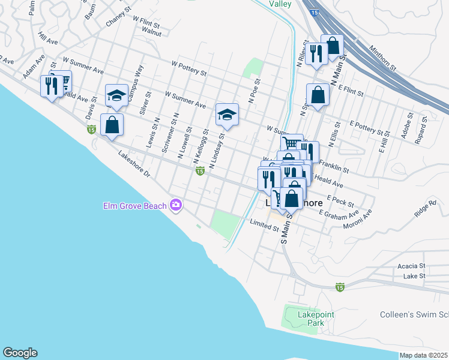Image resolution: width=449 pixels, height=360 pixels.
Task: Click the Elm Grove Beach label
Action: tap(133, 206)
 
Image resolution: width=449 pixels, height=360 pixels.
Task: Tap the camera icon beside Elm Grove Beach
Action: tap(175, 205)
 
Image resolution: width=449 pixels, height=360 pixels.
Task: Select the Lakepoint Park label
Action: tap(316, 319)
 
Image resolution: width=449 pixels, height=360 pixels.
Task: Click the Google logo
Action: tap(20, 353)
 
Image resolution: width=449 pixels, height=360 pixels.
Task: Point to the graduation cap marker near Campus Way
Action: tap(116, 96)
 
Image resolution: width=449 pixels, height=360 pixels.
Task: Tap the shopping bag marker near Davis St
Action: tap(112, 125)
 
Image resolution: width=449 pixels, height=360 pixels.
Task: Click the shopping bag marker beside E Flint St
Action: tap(318, 95)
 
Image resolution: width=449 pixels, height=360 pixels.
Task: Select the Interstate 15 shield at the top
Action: tap(315, 12)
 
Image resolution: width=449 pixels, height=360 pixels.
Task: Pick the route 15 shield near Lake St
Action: tap(340, 287)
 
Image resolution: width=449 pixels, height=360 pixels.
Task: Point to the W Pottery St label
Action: tap(188, 67)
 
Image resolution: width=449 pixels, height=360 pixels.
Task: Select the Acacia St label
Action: tap(411, 265)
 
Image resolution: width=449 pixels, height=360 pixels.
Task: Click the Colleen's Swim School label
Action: tap(414, 314)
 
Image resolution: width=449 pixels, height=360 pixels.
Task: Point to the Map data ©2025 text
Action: tap(424, 355)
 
